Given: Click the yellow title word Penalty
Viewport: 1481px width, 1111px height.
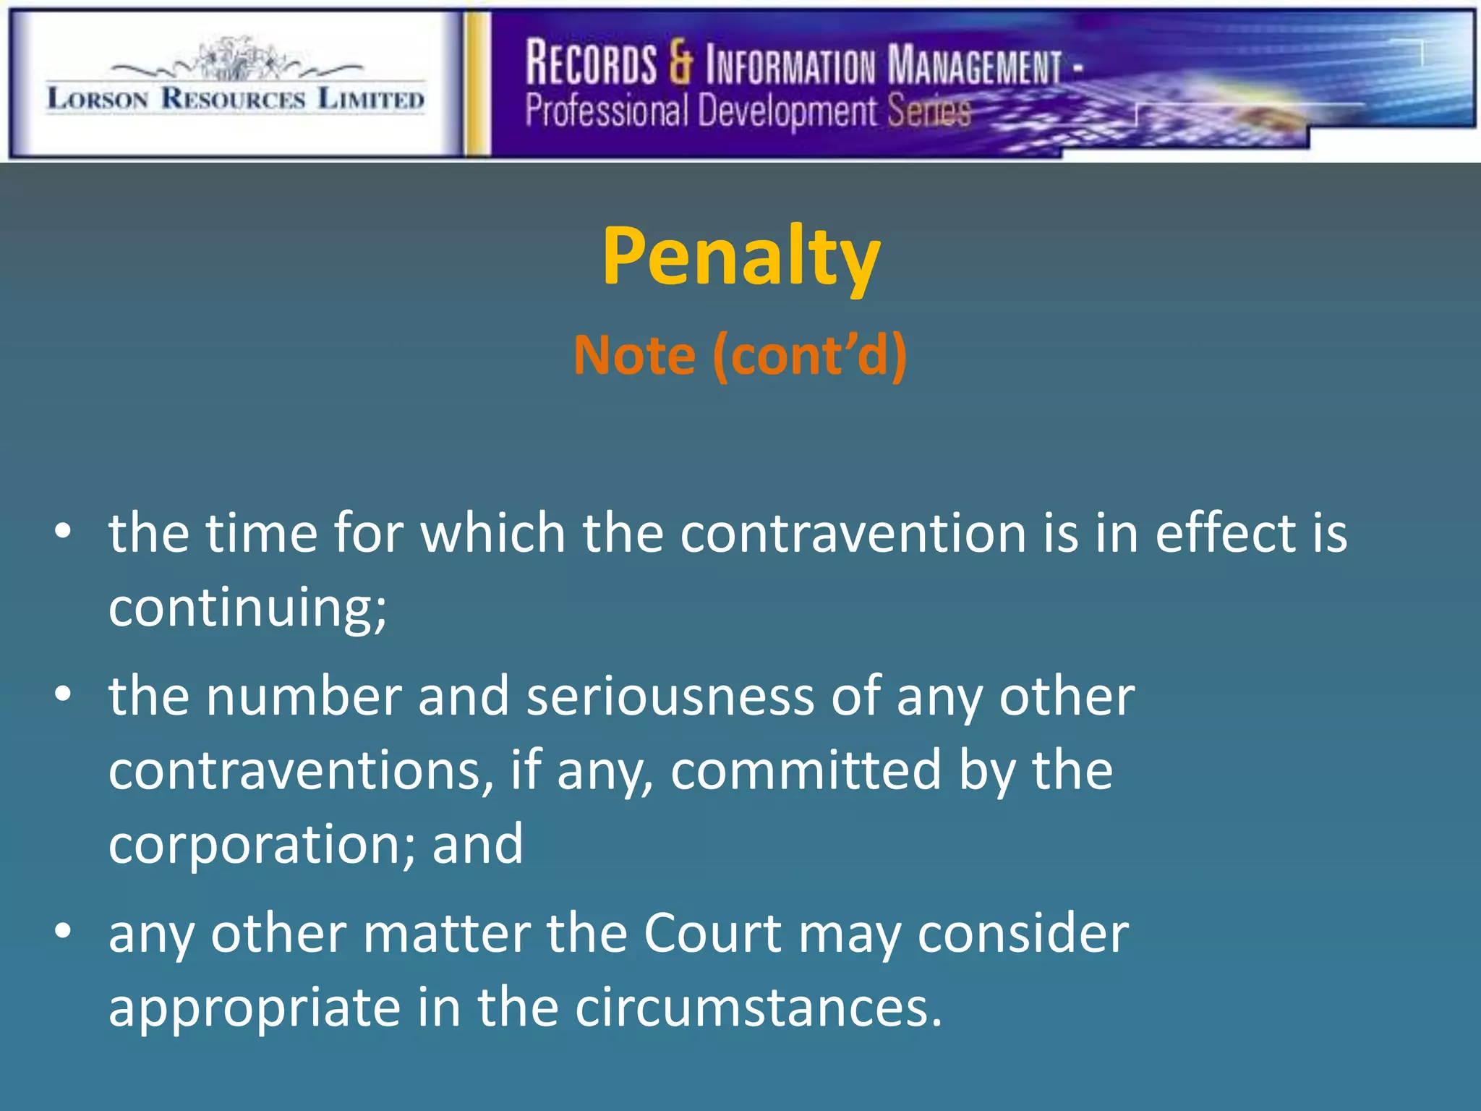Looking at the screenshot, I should pyautogui.click(x=740, y=257).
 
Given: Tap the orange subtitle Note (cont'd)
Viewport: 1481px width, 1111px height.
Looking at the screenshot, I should pyautogui.click(x=740, y=355).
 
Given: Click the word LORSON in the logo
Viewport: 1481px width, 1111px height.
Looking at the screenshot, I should pyautogui.click(x=98, y=98).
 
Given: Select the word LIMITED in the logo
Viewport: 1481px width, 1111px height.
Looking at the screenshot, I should pyautogui.click(x=371, y=98).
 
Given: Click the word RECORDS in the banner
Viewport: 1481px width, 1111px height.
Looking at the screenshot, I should pyautogui.click(x=591, y=64).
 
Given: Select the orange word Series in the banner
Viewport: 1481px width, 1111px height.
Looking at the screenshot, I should pyautogui.click(x=929, y=111).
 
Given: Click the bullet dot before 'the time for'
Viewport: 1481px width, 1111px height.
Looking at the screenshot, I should pyautogui.click(x=63, y=532).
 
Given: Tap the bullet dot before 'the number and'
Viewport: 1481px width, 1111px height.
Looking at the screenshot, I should pyautogui.click(x=63, y=694).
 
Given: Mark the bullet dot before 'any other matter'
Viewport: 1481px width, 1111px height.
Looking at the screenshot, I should pyautogui.click(x=63, y=932).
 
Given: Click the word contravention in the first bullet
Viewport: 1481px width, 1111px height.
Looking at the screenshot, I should pyautogui.click(x=853, y=533).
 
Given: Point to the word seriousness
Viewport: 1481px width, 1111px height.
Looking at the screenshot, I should pyautogui.click(x=670, y=696).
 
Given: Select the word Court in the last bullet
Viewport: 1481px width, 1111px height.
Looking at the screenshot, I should pyautogui.click(x=712, y=933).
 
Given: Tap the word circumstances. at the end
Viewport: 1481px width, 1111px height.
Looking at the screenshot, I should pyautogui.click(x=759, y=1007).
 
